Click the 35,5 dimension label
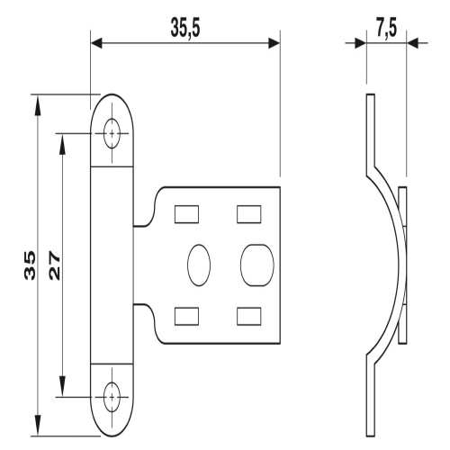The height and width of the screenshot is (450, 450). (x=185, y=28)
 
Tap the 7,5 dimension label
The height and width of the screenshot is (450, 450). (x=387, y=29)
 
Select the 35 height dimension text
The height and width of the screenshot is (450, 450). (x=30, y=265)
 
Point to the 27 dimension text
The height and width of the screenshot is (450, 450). (x=54, y=265)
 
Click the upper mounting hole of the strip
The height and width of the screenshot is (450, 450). (x=112, y=133)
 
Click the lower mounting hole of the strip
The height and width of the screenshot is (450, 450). (x=112, y=397)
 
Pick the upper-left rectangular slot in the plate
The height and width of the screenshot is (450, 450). (x=186, y=214)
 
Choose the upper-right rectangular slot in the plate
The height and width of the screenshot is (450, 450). (x=249, y=214)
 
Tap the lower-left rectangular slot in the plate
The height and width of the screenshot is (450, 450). (x=186, y=316)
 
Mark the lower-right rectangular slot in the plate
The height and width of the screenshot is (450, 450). (x=249, y=316)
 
